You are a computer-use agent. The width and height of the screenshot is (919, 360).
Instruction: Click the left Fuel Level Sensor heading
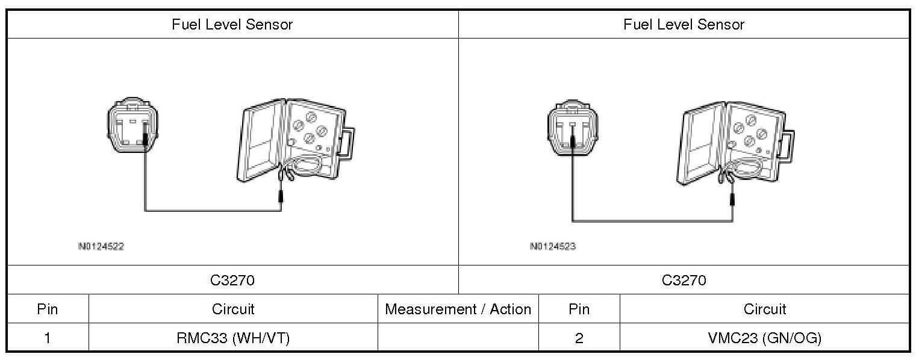[232, 25]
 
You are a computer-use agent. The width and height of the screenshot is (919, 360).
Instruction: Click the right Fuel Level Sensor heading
[684, 25]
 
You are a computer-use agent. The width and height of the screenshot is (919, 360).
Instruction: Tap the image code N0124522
[101, 246]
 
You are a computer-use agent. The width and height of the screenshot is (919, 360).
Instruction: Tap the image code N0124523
[553, 246]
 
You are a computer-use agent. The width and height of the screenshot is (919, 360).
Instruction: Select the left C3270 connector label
[232, 280]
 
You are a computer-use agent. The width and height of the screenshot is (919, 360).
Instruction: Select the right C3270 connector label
[684, 280]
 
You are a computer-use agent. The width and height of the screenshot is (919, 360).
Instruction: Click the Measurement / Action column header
[458, 309]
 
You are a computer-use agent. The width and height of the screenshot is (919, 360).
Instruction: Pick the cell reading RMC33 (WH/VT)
[233, 338]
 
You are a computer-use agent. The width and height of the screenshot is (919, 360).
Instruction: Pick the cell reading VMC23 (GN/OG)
[765, 338]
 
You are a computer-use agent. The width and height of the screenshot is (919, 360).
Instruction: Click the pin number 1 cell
[48, 338]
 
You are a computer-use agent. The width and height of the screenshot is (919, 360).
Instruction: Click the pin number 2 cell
[579, 338]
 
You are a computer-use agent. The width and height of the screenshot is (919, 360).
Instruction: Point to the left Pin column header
[48, 309]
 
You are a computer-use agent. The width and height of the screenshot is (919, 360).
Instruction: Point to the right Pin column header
[579, 309]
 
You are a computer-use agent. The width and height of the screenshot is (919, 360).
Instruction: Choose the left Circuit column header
[233, 309]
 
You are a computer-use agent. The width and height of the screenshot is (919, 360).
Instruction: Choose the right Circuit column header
[765, 309]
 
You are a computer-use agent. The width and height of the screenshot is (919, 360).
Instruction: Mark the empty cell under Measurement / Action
[458, 338]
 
